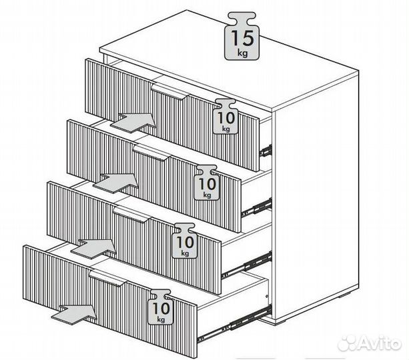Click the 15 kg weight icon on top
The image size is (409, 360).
[242, 36]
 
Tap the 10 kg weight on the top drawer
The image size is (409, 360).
[226, 117]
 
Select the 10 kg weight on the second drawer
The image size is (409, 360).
[206, 183]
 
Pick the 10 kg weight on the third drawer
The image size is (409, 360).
[184, 241]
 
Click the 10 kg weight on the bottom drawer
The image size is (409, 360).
[160, 307]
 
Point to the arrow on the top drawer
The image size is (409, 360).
[133, 122]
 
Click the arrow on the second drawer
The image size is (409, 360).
[116, 183]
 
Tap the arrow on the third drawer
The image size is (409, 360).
[93, 249]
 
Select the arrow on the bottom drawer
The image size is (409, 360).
[74, 315]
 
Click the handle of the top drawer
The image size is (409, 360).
[170, 91]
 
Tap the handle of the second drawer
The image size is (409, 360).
[152, 153]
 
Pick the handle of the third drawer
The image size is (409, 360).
[133, 214]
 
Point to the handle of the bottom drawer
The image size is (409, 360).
[108, 278]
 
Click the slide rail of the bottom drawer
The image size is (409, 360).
[234, 324]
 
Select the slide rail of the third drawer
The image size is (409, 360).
[246, 265]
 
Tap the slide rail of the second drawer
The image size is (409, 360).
[256, 207]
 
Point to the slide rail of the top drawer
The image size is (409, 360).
[266, 151]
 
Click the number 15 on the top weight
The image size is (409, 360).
[242, 38]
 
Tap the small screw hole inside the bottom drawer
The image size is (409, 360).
[266, 296]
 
